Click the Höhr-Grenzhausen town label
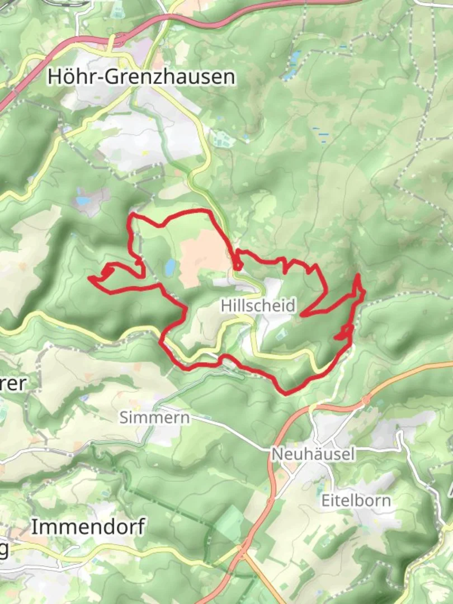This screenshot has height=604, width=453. click(x=141, y=77)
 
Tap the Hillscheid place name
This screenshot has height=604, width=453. click(x=258, y=306)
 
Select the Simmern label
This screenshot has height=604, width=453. click(x=154, y=418)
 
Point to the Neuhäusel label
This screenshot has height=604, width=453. click(x=313, y=454)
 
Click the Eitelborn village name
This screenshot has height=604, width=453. click(x=356, y=501)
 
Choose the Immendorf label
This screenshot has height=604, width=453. click(x=88, y=527)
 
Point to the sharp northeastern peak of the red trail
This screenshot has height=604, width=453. click(x=357, y=275)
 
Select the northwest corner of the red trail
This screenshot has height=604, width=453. click(x=133, y=215)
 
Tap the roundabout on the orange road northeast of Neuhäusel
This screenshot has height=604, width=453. click(x=366, y=400)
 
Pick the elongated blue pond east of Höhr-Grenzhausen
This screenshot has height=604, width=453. click(x=291, y=73)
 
